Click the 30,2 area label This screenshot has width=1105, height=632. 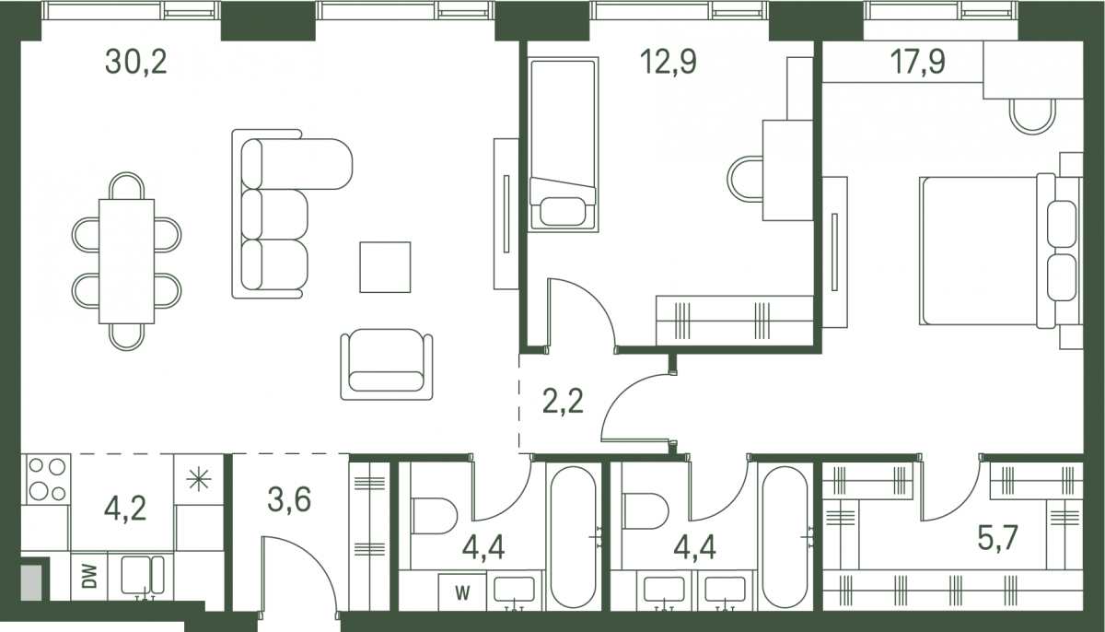click(x=136, y=62)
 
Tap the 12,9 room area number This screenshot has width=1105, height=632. click(x=669, y=62)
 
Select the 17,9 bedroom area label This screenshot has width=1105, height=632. click(x=917, y=62)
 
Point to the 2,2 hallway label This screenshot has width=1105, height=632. click(x=563, y=401)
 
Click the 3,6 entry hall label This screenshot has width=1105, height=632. click(x=289, y=499)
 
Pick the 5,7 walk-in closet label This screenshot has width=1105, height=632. click(x=997, y=538)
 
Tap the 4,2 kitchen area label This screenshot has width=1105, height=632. click(x=125, y=509)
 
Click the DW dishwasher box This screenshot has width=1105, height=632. click(x=89, y=577)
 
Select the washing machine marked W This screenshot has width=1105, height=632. click(x=462, y=592)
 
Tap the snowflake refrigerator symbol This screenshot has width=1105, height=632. click(x=199, y=479)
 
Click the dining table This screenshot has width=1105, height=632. click(x=127, y=262)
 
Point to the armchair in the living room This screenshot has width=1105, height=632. click(x=387, y=364)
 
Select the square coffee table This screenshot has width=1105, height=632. click(x=385, y=267)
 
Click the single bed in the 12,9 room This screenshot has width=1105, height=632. click(x=564, y=145)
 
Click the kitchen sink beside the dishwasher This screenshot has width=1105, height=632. click(x=143, y=576)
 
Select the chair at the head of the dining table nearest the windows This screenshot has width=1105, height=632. click(x=127, y=186)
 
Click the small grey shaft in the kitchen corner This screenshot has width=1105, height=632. click(x=31, y=582)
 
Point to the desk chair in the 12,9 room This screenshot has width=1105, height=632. click(x=745, y=179)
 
